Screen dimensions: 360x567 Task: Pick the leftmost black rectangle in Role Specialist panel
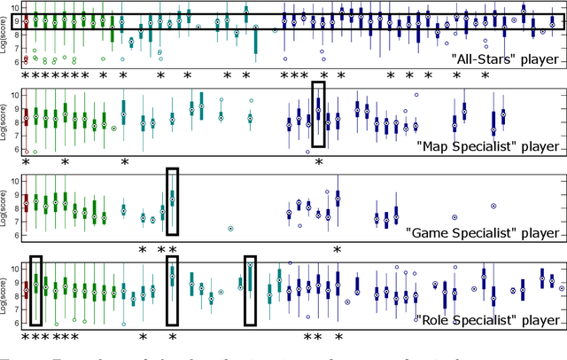(x=36, y=290)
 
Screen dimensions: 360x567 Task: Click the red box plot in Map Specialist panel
(x=26, y=116)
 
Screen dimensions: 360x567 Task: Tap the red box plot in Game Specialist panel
(x=26, y=203)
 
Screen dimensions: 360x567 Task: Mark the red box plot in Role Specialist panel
(x=26, y=288)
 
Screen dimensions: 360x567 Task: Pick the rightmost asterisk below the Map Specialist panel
(x=319, y=162)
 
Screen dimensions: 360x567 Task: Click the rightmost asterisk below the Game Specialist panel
(x=338, y=249)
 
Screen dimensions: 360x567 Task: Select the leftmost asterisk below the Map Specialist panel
(x=26, y=162)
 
